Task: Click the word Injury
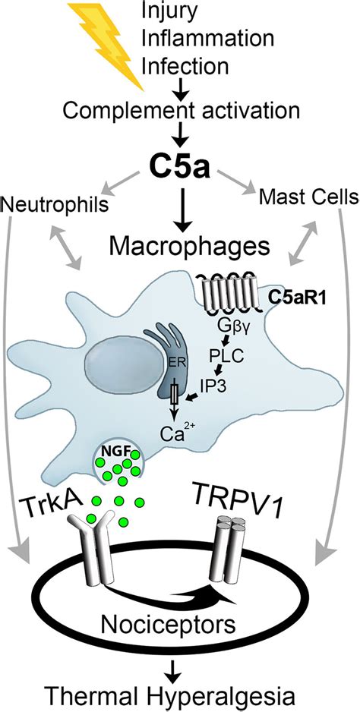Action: (170, 11)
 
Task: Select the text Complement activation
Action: (181, 110)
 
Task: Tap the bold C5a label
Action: (180, 169)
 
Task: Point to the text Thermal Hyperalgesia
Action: (179, 697)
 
